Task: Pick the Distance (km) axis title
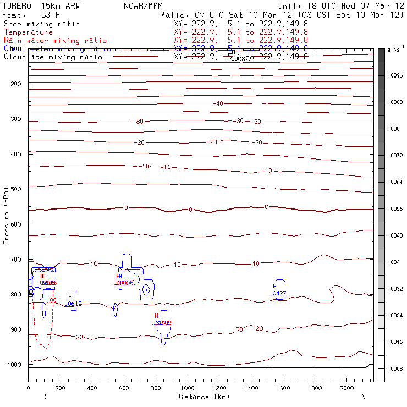coord(202,397)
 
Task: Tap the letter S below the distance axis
coord(46,397)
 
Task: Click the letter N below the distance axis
coord(363,397)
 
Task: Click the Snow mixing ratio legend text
coord(42,24)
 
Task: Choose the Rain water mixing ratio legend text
coord(56,41)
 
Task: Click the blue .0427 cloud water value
coord(278,294)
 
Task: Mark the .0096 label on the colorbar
coord(397,76)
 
